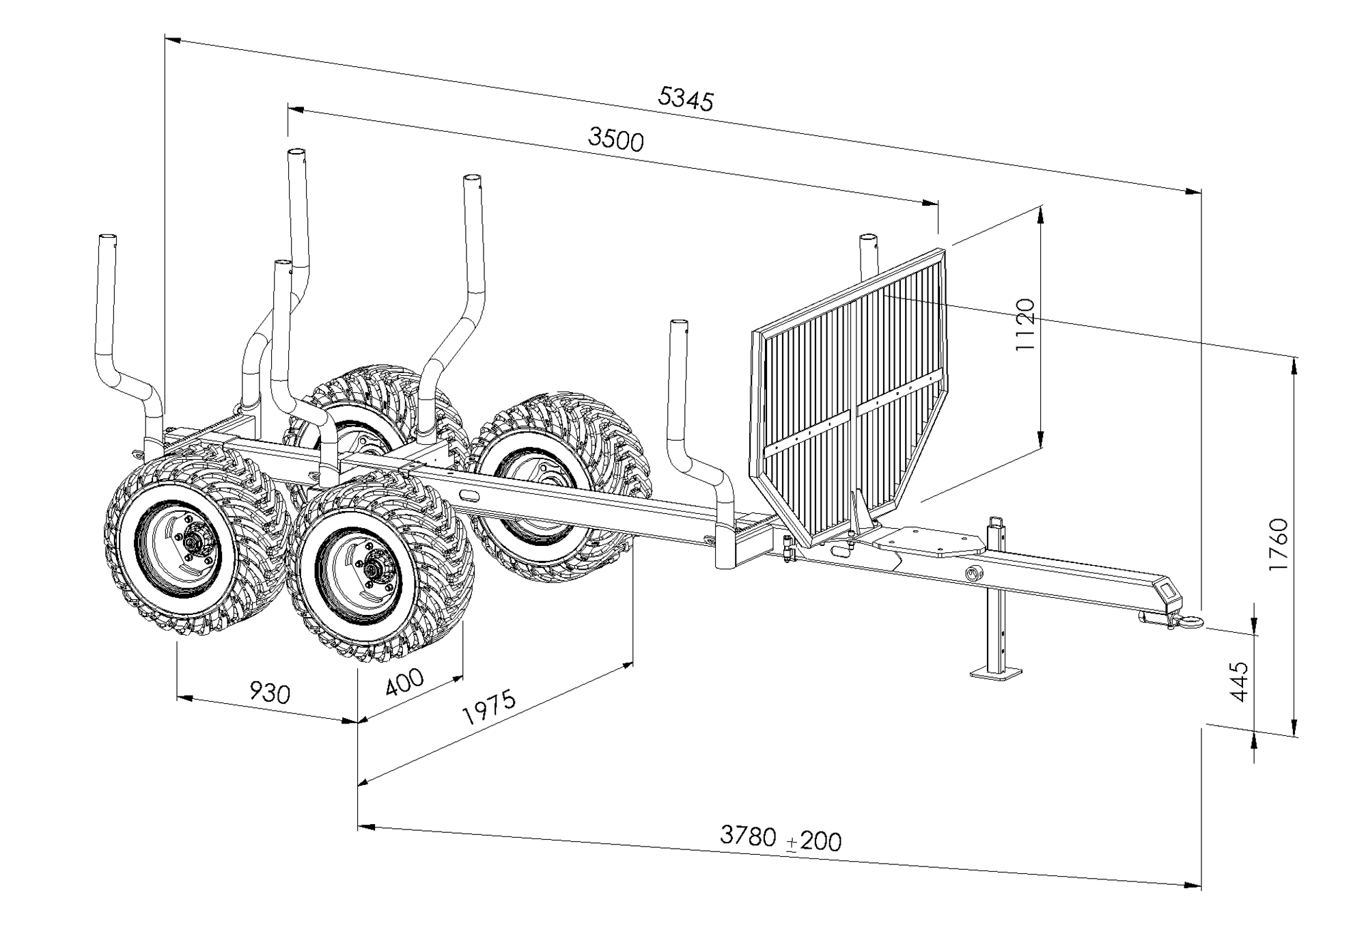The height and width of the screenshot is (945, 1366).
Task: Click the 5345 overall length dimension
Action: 685,98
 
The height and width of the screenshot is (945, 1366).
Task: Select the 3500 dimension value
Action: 615,140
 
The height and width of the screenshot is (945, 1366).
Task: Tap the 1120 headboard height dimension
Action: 1025,324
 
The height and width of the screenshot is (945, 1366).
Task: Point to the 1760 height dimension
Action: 1277,545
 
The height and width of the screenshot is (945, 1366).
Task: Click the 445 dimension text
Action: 1238,681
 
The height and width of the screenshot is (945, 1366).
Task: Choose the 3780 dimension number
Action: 748,835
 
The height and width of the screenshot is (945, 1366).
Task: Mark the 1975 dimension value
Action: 489,707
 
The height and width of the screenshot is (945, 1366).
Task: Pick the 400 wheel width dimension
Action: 404,682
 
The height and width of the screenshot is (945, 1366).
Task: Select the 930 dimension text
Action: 270,692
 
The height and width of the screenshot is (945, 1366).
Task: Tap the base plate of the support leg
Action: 996,674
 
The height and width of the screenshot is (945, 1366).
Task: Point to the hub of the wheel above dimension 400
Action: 372,569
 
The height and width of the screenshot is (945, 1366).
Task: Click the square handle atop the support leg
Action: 998,523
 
